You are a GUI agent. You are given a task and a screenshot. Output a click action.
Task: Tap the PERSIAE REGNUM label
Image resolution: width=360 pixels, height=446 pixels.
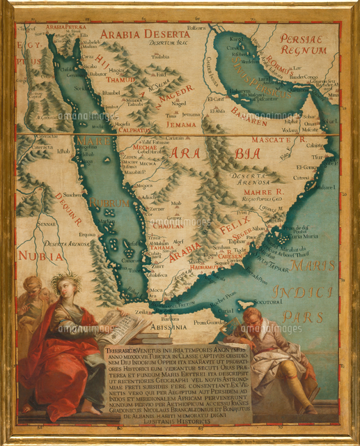(303, 44)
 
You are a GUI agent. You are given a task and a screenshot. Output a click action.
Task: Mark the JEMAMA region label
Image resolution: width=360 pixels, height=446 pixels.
(181, 124)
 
